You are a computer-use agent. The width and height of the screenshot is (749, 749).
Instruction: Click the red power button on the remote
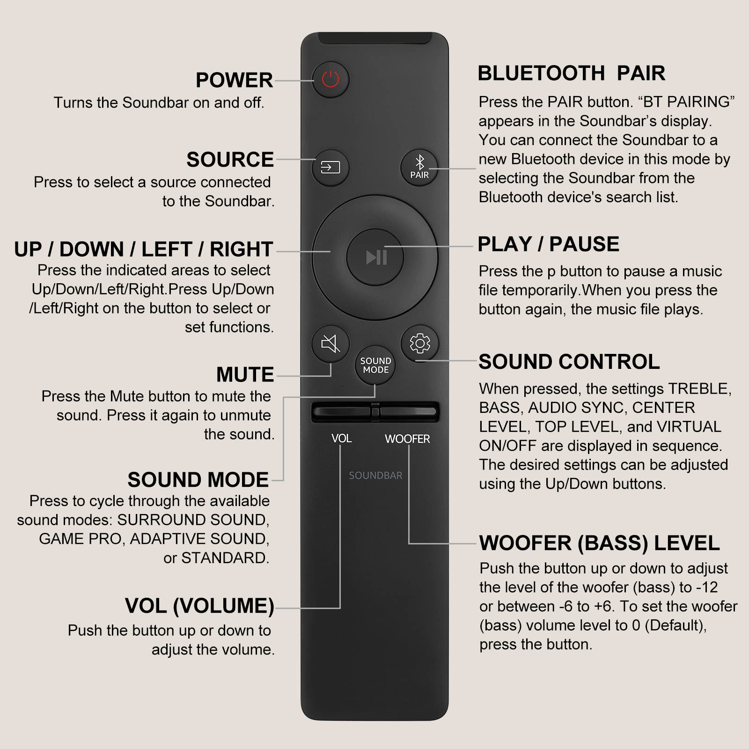click(x=330, y=79)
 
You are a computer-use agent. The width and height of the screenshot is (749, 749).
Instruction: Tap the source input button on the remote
click(x=330, y=167)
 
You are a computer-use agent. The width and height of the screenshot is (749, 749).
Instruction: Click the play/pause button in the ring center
click(x=375, y=257)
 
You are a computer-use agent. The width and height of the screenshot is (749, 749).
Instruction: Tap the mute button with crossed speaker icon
click(x=330, y=344)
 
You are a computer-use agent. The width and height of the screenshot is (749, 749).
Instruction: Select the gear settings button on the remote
click(x=420, y=344)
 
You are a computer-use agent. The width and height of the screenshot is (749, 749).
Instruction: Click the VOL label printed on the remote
click(x=341, y=439)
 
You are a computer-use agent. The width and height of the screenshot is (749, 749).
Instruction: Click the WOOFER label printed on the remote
click(x=407, y=439)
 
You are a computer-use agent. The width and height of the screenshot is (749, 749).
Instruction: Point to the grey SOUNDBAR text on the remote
click(x=375, y=476)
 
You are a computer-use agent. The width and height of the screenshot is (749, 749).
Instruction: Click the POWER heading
click(x=234, y=80)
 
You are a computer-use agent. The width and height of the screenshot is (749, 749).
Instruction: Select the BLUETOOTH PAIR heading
click(x=571, y=73)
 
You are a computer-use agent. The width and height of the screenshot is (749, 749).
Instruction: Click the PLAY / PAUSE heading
click(x=548, y=244)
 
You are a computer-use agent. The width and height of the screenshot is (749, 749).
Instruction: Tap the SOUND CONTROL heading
click(x=569, y=362)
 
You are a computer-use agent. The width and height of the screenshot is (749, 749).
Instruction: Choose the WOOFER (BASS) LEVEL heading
click(x=599, y=543)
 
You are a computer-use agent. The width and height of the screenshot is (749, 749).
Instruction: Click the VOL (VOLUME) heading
click(x=199, y=606)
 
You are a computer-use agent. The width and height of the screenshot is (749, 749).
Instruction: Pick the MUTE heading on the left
click(x=245, y=374)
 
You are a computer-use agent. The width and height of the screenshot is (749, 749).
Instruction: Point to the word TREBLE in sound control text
click(x=698, y=389)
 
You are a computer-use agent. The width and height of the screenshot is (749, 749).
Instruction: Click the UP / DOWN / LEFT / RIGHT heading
click(x=143, y=250)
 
